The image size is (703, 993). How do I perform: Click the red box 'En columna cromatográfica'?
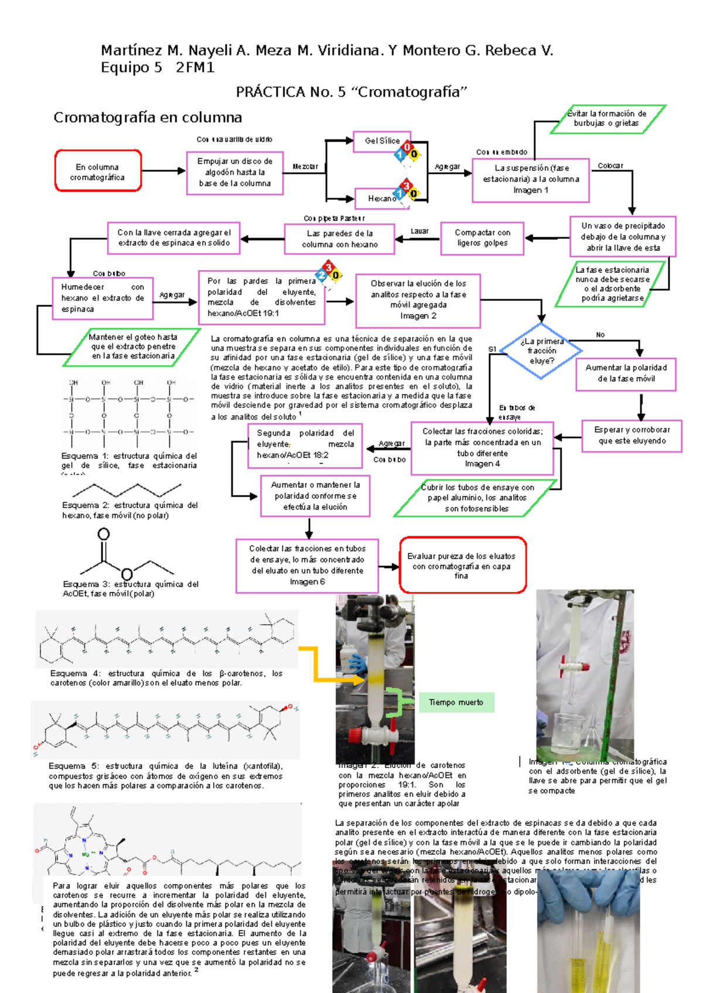[98, 172]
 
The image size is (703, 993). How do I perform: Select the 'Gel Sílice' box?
[381, 141]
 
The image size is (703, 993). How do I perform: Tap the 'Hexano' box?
[381, 198]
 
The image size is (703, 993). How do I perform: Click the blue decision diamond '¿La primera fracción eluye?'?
[541, 351]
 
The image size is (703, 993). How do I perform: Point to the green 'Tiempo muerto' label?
[456, 702]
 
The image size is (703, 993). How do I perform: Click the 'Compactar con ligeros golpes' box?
[482, 238]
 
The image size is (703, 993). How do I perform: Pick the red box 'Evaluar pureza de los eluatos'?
[462, 566]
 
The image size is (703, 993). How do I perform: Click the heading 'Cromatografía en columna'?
[148, 118]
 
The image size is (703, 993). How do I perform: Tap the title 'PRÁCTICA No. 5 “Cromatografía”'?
[351, 92]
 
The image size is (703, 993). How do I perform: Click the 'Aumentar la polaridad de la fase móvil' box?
[626, 373]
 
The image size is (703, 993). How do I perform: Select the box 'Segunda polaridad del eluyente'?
[305, 445]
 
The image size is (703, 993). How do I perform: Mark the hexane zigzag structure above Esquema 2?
[127, 490]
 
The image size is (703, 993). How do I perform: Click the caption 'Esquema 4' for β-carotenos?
[166, 678]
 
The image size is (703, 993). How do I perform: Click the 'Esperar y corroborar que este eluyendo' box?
[632, 435]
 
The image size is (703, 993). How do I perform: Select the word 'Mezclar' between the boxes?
[305, 167]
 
